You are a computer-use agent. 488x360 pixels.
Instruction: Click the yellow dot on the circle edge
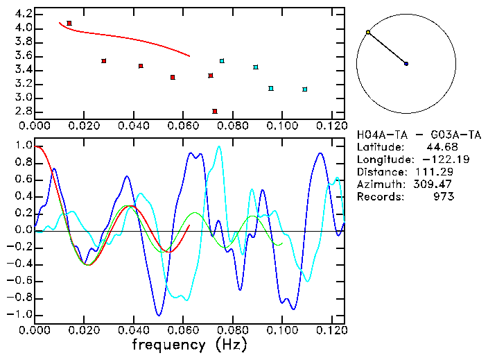pyautogui.click(x=368, y=32)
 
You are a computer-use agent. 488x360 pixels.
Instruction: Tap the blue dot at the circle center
pyautogui.click(x=406, y=64)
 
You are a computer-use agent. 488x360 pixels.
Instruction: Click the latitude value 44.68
pyautogui.click(x=440, y=147)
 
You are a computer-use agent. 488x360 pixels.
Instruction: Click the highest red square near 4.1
pyautogui.click(x=69, y=23)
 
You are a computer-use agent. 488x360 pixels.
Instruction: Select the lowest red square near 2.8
pyautogui.click(x=215, y=111)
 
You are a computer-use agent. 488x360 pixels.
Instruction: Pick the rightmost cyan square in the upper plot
pyautogui.click(x=305, y=89)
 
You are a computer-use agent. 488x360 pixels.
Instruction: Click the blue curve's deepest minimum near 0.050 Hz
pyautogui.click(x=159, y=315)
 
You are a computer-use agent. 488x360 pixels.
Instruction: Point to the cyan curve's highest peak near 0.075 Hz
pyautogui.click(x=219, y=146)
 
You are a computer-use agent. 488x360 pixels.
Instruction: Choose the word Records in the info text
pyautogui.click(x=378, y=197)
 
